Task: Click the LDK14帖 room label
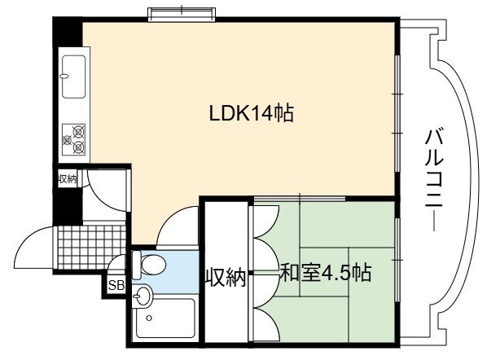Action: (252, 113)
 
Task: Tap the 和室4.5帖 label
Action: (326, 273)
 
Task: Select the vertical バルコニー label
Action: (434, 179)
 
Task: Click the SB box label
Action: (116, 285)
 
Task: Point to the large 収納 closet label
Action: (226, 278)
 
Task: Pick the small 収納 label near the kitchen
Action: (68, 179)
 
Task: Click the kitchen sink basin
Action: (73, 77)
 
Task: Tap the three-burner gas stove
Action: (73, 139)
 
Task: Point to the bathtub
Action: (165, 318)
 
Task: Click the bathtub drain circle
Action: (148, 318)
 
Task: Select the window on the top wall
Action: (182, 14)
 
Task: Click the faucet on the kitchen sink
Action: (64, 77)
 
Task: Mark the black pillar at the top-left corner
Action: (68, 32)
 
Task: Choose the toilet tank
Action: (137, 265)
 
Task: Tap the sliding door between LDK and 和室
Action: (300, 200)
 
